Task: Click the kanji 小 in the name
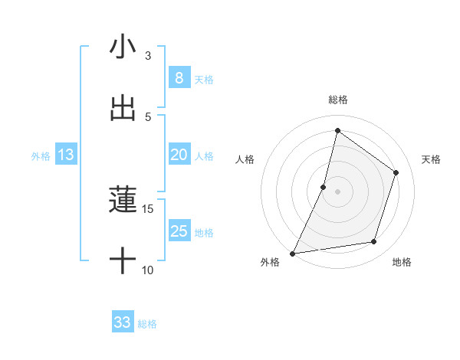[x=123, y=47]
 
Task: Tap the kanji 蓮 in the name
[x=123, y=201]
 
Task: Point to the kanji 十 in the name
[x=123, y=262]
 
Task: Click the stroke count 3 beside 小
[x=148, y=55]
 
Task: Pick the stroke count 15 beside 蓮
[x=148, y=208]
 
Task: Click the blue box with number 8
[x=179, y=78]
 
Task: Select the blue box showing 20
[x=179, y=155]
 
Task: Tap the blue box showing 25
[x=179, y=231]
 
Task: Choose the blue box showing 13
[x=66, y=155]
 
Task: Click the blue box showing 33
[x=123, y=322]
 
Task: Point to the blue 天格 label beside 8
[x=204, y=79]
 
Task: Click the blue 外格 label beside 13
[x=41, y=155]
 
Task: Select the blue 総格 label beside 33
[x=147, y=323]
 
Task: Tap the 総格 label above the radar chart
[x=337, y=100]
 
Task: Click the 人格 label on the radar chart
[x=245, y=159]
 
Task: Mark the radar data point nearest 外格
[x=292, y=253]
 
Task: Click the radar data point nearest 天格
[x=396, y=172]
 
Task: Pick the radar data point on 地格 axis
[x=374, y=242]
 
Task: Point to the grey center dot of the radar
[x=337, y=191]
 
